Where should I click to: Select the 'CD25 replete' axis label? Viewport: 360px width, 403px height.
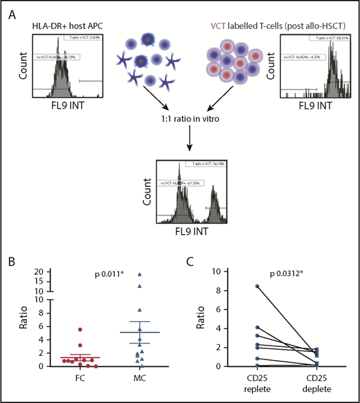pyautogui.click(x=239, y=383)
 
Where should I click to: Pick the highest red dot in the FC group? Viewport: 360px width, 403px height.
pyautogui.click(x=81, y=330)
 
